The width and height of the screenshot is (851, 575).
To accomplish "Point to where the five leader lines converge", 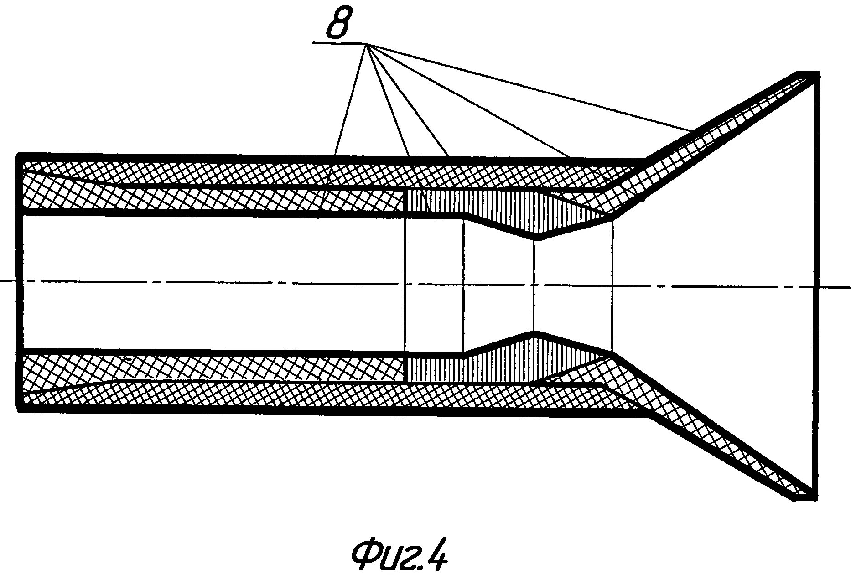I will [x=364, y=44].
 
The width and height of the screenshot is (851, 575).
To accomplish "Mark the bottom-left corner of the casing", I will [x=18, y=408].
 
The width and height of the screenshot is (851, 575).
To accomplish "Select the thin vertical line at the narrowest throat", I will [x=534, y=285].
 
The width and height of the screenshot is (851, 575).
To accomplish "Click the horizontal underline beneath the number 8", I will [x=337, y=43].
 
